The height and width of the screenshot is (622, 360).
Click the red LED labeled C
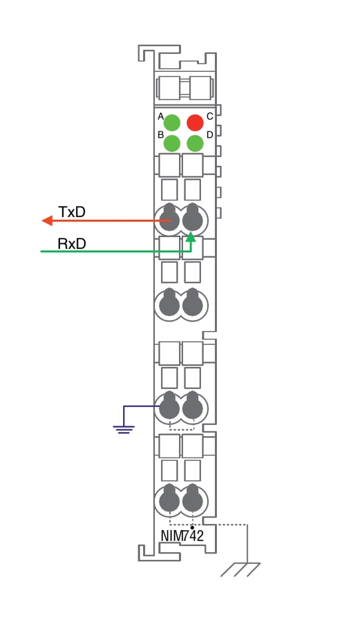tap(195, 122)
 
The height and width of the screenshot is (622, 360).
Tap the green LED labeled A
tap(172, 122)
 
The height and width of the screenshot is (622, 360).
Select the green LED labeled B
tap(172, 143)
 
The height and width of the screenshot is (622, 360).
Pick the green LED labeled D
tap(195, 143)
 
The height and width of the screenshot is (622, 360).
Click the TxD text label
tap(72, 212)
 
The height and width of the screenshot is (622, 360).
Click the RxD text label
tap(72, 243)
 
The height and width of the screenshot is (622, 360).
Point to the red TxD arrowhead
tap(47, 220)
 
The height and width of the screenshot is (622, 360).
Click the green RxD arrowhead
tap(191, 237)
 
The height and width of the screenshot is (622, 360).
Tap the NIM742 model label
tap(182, 536)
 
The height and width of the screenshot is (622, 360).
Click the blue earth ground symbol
tap(124, 429)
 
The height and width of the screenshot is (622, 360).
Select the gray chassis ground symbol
tap(240, 569)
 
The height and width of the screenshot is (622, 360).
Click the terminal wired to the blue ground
tap(169, 407)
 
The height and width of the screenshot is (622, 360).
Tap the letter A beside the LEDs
tap(160, 116)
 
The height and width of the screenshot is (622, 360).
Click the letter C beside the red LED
tap(210, 116)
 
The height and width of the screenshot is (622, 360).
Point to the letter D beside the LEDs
tap(210, 135)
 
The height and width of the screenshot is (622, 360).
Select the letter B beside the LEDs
tap(160, 135)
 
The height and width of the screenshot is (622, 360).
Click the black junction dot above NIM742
tap(192, 527)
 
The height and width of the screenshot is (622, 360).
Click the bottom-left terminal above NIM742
tap(169, 500)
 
